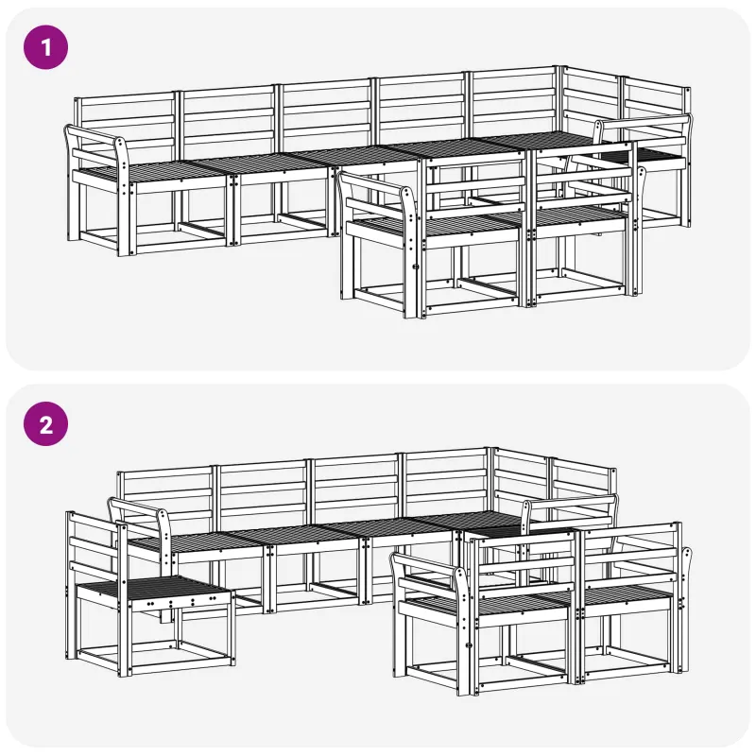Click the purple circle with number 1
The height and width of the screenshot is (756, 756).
(x=45, y=47)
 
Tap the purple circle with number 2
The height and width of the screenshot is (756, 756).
(x=45, y=424)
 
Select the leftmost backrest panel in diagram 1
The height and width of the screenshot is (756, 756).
(x=127, y=123)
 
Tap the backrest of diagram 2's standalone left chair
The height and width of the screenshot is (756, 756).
(x=94, y=545)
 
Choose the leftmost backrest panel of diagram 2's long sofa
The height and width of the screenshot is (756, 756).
(x=165, y=497)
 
